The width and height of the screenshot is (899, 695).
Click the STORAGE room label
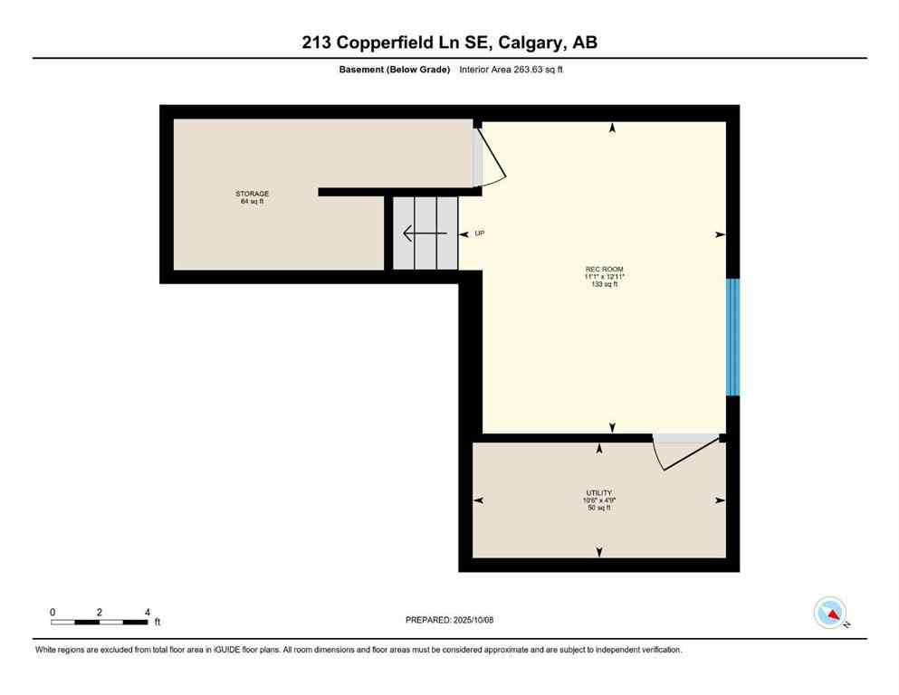point(253,194)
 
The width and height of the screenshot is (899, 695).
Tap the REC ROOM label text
point(604,269)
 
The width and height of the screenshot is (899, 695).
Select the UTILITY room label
point(598,493)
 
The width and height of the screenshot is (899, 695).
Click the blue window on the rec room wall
point(732,337)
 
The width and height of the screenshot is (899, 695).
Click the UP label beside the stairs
point(480,233)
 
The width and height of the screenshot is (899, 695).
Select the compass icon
point(830,613)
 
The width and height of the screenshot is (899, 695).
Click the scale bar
point(99,622)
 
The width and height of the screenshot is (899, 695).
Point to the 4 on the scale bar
point(147,612)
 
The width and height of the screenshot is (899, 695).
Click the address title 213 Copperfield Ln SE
point(449,43)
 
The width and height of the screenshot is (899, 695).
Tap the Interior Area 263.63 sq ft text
point(512,70)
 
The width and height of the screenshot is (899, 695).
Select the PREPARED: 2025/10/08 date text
point(449,620)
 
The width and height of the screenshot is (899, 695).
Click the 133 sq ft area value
point(604,284)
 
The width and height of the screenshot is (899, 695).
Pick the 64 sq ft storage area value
point(253,201)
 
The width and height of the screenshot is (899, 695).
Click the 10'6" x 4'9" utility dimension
point(598,500)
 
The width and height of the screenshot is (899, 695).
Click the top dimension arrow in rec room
point(613,129)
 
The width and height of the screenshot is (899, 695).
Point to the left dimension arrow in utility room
point(478,500)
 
